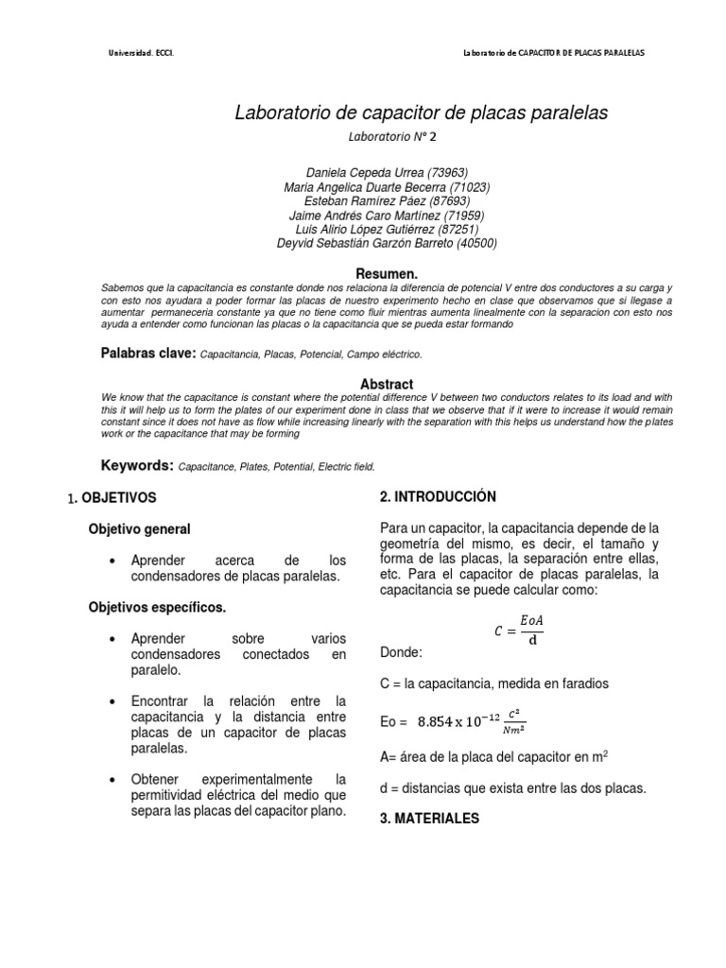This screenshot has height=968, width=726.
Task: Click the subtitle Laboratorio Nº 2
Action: pos(392,136)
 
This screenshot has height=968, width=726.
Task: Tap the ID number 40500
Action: pos(475,242)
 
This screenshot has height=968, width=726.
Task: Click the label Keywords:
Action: pos(137,465)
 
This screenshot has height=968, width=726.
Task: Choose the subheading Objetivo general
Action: pos(139,528)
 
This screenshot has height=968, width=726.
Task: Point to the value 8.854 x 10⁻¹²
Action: pos(461,722)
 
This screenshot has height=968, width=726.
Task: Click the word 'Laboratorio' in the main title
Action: pos(285,113)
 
